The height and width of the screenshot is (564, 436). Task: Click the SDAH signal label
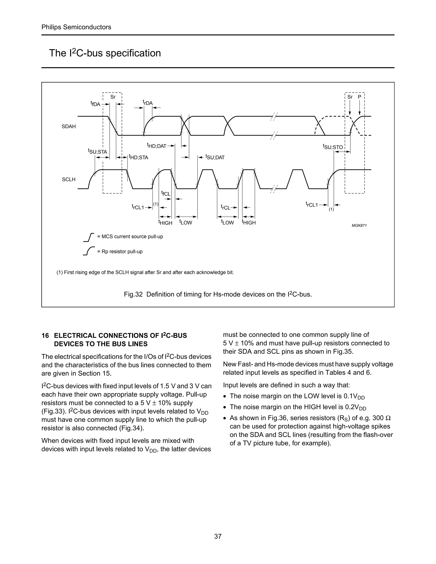(x=69, y=127)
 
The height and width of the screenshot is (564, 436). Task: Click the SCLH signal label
(x=69, y=179)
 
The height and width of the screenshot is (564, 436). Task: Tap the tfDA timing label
(x=95, y=104)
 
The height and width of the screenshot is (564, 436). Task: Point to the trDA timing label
(x=148, y=103)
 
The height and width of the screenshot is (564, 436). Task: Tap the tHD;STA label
(x=139, y=157)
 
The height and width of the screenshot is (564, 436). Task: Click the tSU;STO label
(x=333, y=147)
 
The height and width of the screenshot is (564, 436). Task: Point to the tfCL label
(x=166, y=193)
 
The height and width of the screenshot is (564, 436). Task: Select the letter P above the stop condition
(x=360, y=97)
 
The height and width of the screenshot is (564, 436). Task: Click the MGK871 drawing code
(x=359, y=226)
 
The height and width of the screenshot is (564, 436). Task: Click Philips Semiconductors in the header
(x=76, y=27)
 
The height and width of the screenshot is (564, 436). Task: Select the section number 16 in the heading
(x=45, y=335)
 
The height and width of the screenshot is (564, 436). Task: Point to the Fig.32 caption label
(x=133, y=294)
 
